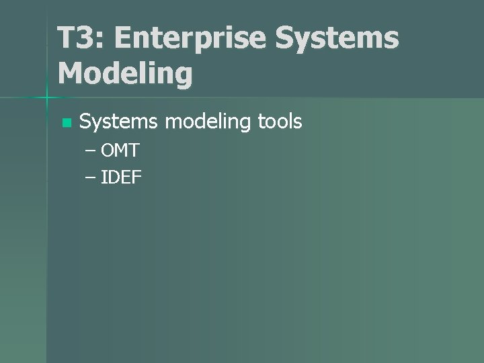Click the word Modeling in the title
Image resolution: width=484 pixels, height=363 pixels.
click(125, 73)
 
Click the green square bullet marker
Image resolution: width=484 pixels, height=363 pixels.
click(65, 123)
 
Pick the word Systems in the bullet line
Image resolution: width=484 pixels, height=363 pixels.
click(118, 122)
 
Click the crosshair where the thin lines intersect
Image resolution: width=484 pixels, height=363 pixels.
click(47, 98)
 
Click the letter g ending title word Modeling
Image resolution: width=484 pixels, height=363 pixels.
click(183, 76)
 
